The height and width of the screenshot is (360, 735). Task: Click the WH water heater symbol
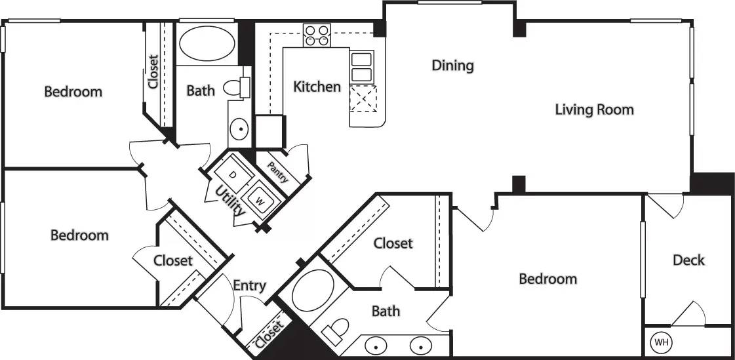(x=660, y=342)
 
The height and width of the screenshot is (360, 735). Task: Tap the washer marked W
(x=260, y=197)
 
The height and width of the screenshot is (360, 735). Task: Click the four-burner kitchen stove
(x=316, y=35)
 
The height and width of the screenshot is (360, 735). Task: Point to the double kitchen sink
(x=361, y=66)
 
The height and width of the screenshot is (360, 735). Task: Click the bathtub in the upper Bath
(x=206, y=44)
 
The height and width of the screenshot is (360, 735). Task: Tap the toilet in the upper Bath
(x=235, y=87)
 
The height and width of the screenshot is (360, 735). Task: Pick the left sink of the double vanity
(x=376, y=344)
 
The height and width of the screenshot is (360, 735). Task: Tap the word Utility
(x=231, y=201)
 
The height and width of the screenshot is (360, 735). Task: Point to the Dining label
(x=452, y=66)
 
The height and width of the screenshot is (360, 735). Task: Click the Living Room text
(x=594, y=110)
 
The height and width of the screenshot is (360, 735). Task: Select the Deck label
(x=688, y=260)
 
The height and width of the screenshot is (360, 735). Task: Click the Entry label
(x=249, y=285)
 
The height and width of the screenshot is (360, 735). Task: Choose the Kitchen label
(x=317, y=87)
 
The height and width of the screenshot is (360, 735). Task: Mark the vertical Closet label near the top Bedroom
(x=153, y=71)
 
